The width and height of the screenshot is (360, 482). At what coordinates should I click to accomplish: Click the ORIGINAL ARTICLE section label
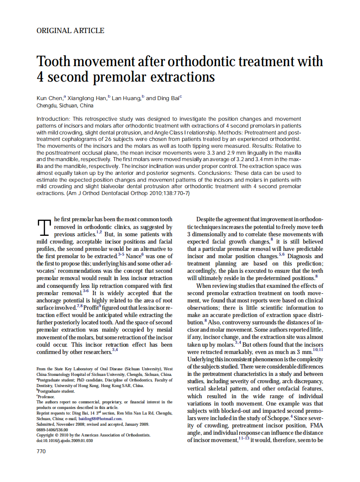point(70,31)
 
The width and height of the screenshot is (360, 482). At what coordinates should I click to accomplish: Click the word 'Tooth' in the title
point(54,61)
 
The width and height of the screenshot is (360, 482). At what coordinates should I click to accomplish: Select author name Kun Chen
point(49,98)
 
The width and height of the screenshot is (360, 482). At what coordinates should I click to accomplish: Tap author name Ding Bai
point(168,98)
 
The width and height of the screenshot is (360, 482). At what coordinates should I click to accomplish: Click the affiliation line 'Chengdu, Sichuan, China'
point(65,106)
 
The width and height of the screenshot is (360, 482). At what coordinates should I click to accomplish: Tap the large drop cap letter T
point(45,228)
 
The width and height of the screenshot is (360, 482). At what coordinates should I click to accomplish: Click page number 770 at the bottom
point(41,451)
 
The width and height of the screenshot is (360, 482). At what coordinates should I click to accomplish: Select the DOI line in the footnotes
point(64,440)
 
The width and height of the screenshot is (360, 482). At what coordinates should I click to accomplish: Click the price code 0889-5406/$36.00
point(52,429)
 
